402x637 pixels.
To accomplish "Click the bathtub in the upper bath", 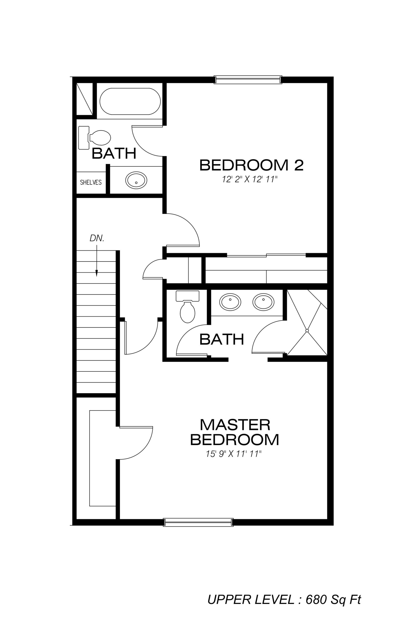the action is tap(130, 101).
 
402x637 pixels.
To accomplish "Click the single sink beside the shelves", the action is tap(136, 180).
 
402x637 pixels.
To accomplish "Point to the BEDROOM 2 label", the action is tap(251, 165).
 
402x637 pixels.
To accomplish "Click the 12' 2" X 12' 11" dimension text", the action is tap(249, 180).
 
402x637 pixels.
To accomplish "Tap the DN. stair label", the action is tap(97, 238).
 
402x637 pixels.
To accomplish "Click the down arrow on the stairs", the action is tap(97, 261).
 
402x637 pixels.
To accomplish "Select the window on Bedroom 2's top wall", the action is tap(248, 80).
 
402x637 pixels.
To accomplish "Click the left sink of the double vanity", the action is tap(230, 302).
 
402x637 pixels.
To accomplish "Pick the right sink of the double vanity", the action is tap(263, 302).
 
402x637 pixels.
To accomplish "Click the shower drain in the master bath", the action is tap(307, 331).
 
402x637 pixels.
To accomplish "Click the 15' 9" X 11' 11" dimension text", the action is tap(234, 454).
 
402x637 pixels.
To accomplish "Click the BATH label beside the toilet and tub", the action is tap(114, 154).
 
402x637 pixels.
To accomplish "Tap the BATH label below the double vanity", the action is tap(222, 339).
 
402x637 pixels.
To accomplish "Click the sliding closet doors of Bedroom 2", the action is tap(266, 256).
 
